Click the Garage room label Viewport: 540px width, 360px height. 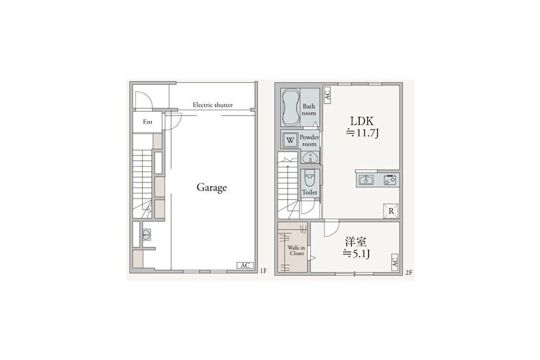(x=212, y=188)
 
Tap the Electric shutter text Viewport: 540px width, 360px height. (x=212, y=105)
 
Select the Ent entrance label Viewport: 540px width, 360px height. (x=148, y=122)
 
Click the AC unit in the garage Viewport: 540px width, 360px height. (x=245, y=266)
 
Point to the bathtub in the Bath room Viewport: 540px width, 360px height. (x=291, y=107)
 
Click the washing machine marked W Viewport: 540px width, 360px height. (x=291, y=140)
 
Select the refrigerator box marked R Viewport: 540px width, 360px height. (x=391, y=210)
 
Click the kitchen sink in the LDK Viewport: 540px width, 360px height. (x=366, y=180)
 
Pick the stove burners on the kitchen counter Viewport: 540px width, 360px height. (x=390, y=180)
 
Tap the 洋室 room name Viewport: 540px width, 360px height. (x=356, y=242)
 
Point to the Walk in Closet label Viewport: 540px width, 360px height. (x=296, y=250)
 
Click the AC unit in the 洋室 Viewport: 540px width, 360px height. (x=395, y=262)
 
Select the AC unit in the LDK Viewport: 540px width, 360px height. (x=327, y=94)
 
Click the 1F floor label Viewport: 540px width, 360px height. (x=264, y=271)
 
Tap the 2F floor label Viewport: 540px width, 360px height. (x=409, y=273)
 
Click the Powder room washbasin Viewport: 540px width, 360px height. (x=310, y=158)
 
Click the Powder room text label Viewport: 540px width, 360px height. (x=309, y=140)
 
